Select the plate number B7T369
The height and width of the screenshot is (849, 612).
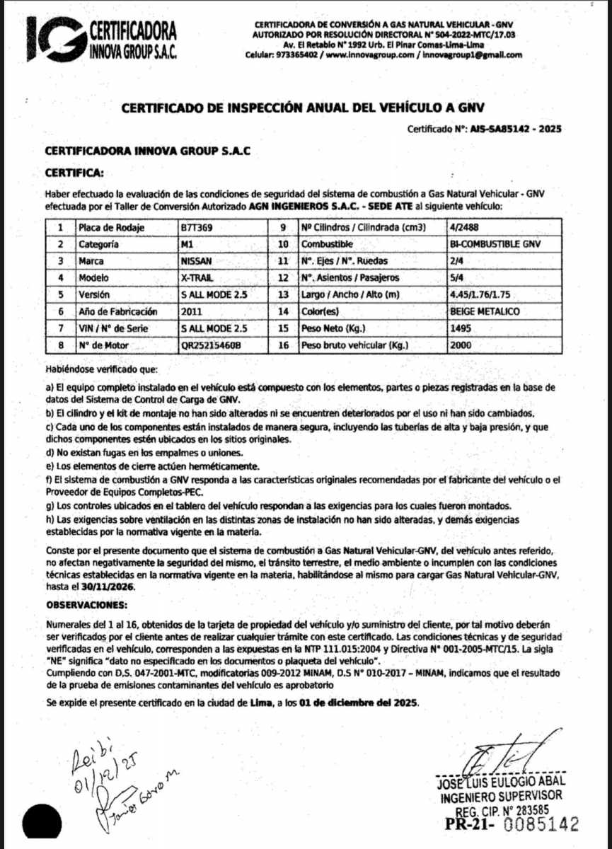coord(197,229)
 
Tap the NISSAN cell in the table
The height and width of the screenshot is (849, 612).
coord(197,260)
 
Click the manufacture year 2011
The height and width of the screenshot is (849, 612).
coord(192,311)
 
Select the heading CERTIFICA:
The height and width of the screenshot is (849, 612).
coord(74,172)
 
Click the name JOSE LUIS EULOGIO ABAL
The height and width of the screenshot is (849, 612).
coord(501,782)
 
